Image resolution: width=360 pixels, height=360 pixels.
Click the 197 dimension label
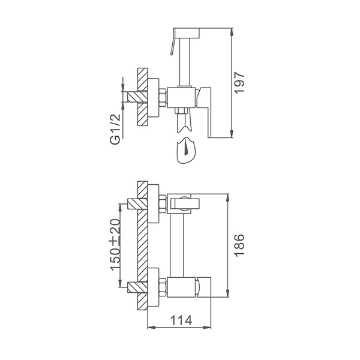coord(239,83)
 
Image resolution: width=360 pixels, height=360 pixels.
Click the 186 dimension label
coord(239,245)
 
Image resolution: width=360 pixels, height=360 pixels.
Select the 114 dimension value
coord(181,320)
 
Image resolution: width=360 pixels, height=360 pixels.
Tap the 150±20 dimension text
coord(115,245)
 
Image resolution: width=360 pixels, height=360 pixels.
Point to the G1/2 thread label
coord(115,129)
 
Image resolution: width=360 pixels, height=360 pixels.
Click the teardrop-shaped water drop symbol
coord(186,151)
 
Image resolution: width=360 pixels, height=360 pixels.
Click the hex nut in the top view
coord(163,98)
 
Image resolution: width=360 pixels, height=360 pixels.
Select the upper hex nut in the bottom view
coord(163,204)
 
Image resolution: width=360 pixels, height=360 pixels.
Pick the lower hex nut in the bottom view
coord(163,287)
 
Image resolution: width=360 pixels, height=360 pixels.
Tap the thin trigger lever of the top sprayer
coord(173,42)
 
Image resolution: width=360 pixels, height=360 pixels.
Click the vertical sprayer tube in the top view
coord(185,62)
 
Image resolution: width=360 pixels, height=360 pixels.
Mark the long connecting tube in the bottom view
coord(177,245)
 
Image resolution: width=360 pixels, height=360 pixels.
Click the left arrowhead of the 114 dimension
coord(151,328)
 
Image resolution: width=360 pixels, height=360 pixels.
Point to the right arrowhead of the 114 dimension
coord(208,328)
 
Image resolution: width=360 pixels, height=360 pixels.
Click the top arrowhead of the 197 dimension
coord(232,32)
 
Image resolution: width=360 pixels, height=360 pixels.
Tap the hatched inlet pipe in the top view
coord(137,97)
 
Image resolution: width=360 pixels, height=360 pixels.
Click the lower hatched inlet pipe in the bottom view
coord(137,287)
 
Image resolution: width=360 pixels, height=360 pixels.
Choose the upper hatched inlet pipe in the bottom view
coord(137,203)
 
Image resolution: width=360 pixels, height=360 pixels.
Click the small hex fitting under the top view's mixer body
coord(182,110)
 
